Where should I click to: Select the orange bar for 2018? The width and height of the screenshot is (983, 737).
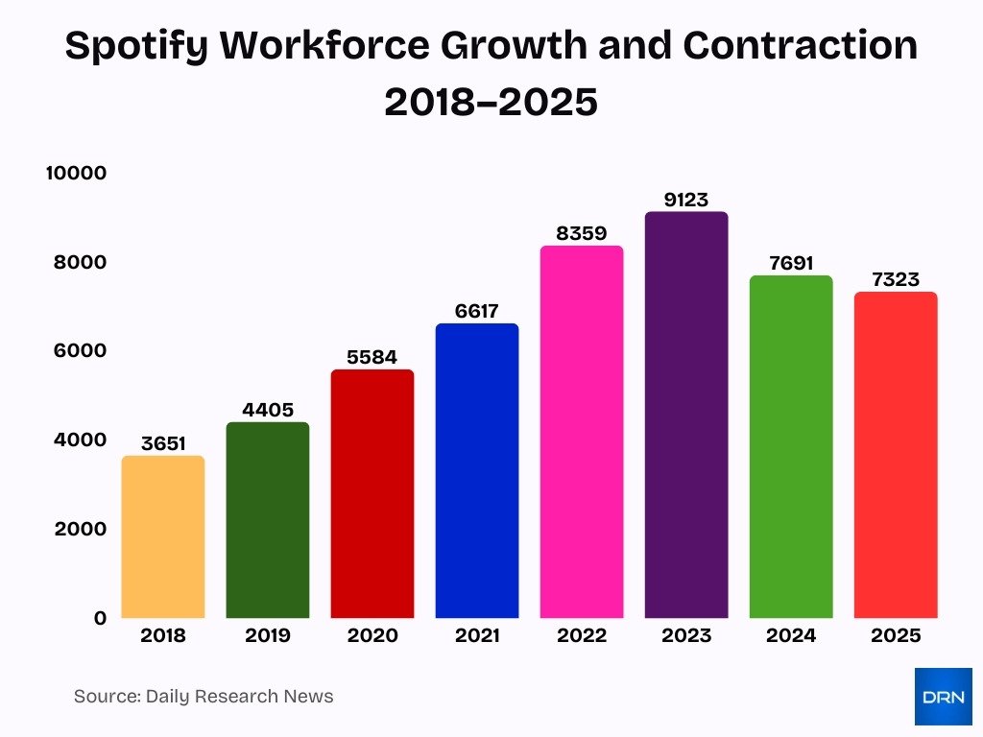click(163, 536)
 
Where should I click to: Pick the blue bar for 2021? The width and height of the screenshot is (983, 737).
click(477, 470)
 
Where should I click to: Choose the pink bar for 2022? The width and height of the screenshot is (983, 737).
click(582, 432)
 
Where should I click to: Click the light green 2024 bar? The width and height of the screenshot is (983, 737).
click(791, 446)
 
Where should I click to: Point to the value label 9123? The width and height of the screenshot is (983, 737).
click(686, 200)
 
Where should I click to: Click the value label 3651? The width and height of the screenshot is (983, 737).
click(163, 443)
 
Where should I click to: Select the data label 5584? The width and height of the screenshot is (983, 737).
click(372, 357)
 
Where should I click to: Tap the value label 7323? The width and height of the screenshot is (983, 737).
click(896, 279)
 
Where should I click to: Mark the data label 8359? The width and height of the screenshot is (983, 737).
click(582, 233)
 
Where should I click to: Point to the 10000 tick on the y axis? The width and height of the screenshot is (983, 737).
click(76, 173)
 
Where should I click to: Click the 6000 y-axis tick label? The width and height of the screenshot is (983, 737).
click(81, 351)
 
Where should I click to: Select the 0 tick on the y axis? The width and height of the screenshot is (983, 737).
click(100, 618)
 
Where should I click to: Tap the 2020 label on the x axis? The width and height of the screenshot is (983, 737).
click(372, 635)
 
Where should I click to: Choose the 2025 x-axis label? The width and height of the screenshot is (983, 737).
click(896, 635)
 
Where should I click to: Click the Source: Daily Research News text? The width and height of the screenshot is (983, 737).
click(204, 697)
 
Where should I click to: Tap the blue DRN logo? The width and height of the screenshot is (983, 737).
click(943, 697)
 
